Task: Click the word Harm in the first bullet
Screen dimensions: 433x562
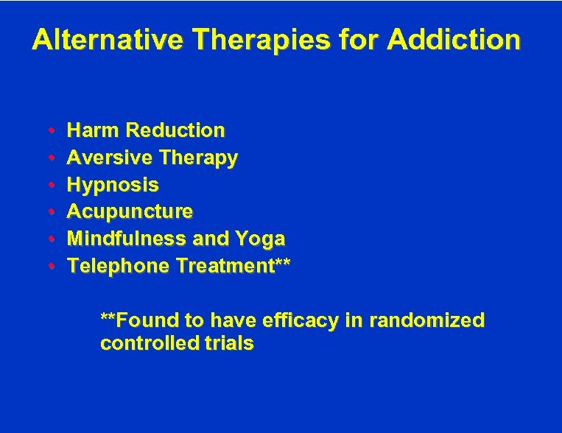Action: pyautogui.click(x=94, y=130)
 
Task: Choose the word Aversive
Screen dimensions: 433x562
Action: pyautogui.click(x=108, y=158)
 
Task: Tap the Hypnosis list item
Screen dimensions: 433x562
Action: pyautogui.click(x=113, y=185)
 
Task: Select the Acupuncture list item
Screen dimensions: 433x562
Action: pyautogui.click(x=130, y=212)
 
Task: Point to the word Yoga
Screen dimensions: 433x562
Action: pyautogui.click(x=260, y=239)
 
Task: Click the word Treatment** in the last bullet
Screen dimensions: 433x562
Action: pyautogui.click(x=233, y=266)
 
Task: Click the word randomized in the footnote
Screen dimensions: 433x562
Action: pyautogui.click(x=427, y=320)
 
